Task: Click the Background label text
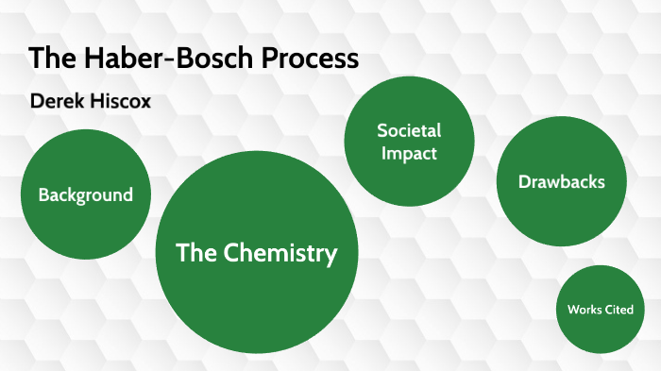pyautogui.click(x=86, y=195)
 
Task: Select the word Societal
pyautogui.click(x=409, y=130)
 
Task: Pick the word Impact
pyautogui.click(x=409, y=152)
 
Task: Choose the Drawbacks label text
pyautogui.click(x=561, y=182)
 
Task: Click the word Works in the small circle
pyautogui.click(x=585, y=310)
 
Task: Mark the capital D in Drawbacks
pyautogui.click(x=523, y=182)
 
